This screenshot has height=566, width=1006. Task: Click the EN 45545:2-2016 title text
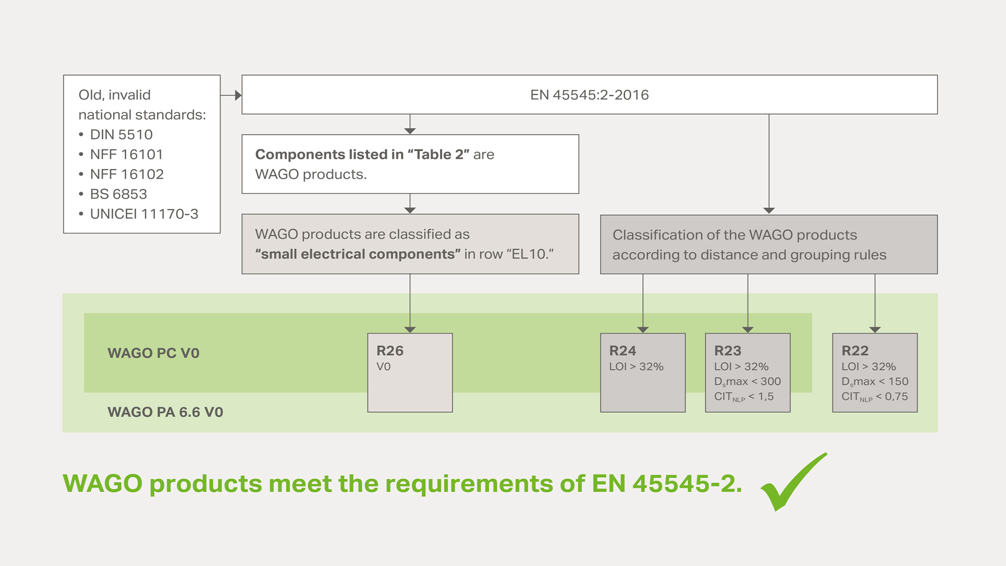[x=590, y=95]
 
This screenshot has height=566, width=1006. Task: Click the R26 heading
[x=390, y=351]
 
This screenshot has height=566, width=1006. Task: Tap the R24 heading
[x=623, y=351]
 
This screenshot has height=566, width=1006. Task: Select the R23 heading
[x=728, y=351]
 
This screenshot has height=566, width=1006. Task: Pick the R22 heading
[x=855, y=351]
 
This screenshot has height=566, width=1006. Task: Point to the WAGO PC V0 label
[x=153, y=353]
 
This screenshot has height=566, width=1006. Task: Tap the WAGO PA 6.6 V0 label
[x=165, y=412]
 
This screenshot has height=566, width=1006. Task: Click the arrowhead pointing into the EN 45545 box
[x=238, y=95]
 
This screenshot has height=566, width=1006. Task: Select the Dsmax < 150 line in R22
[x=875, y=382]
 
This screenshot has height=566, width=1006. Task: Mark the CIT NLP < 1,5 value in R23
[x=744, y=397]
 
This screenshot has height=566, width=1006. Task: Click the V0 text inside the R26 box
[x=383, y=367]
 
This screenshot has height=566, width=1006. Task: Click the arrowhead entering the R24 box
[x=643, y=330]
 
